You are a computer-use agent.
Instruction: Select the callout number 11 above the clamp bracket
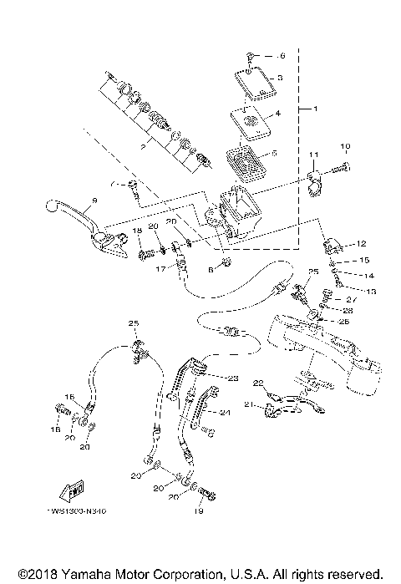tap(314, 155)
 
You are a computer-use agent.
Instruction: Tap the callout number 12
tap(362, 244)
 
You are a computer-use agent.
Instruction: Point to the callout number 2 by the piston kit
tap(144, 146)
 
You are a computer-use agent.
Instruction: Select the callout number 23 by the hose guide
tap(233, 378)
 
